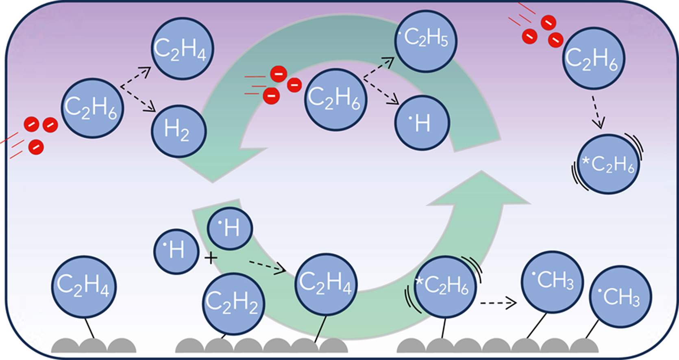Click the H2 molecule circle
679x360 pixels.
pos(179,131)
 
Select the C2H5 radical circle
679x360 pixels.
pos(426,41)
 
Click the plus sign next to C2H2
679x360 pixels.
pos(211,258)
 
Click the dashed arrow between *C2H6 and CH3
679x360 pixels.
pos(498,303)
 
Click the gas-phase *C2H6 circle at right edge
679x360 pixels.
pos(608,165)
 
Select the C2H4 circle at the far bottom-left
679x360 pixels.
pos(84,286)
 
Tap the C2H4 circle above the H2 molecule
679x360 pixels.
pos(183,48)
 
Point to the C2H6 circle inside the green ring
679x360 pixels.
pos(335,100)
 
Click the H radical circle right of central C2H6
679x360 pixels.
pos(422,123)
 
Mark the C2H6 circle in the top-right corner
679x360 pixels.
pos(593,58)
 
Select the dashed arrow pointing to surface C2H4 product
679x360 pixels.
pos(267,266)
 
